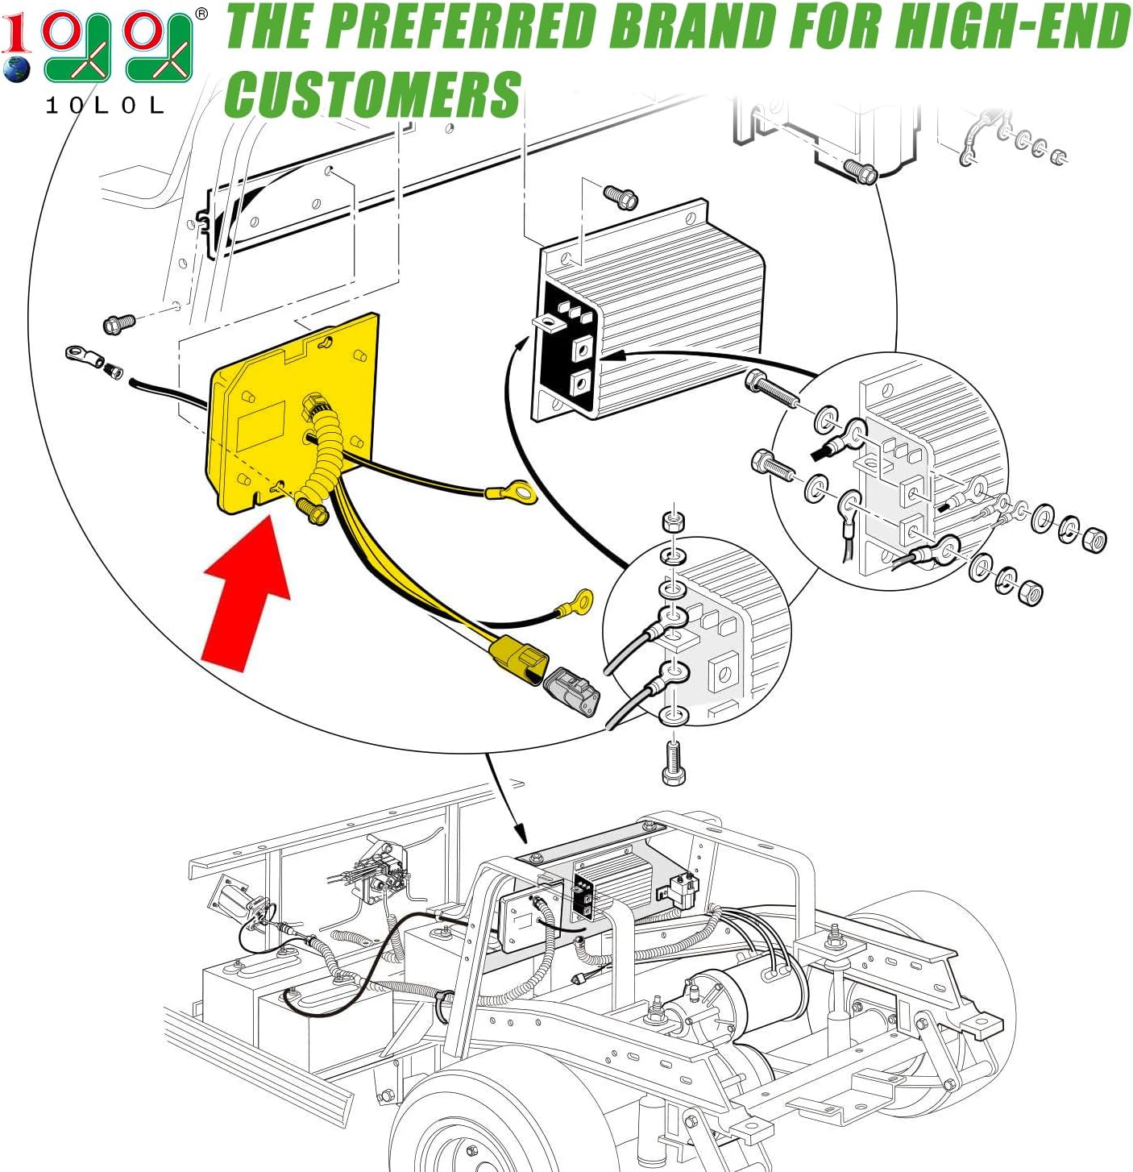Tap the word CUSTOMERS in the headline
pos(373,94)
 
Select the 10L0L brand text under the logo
pos(105,106)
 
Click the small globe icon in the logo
pos(15,69)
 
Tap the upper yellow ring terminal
pos(512,491)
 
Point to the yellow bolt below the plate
pos(313,510)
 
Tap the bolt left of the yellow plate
pos(119,324)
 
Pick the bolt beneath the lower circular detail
pos(674,762)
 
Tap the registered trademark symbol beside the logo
pos(201,13)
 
